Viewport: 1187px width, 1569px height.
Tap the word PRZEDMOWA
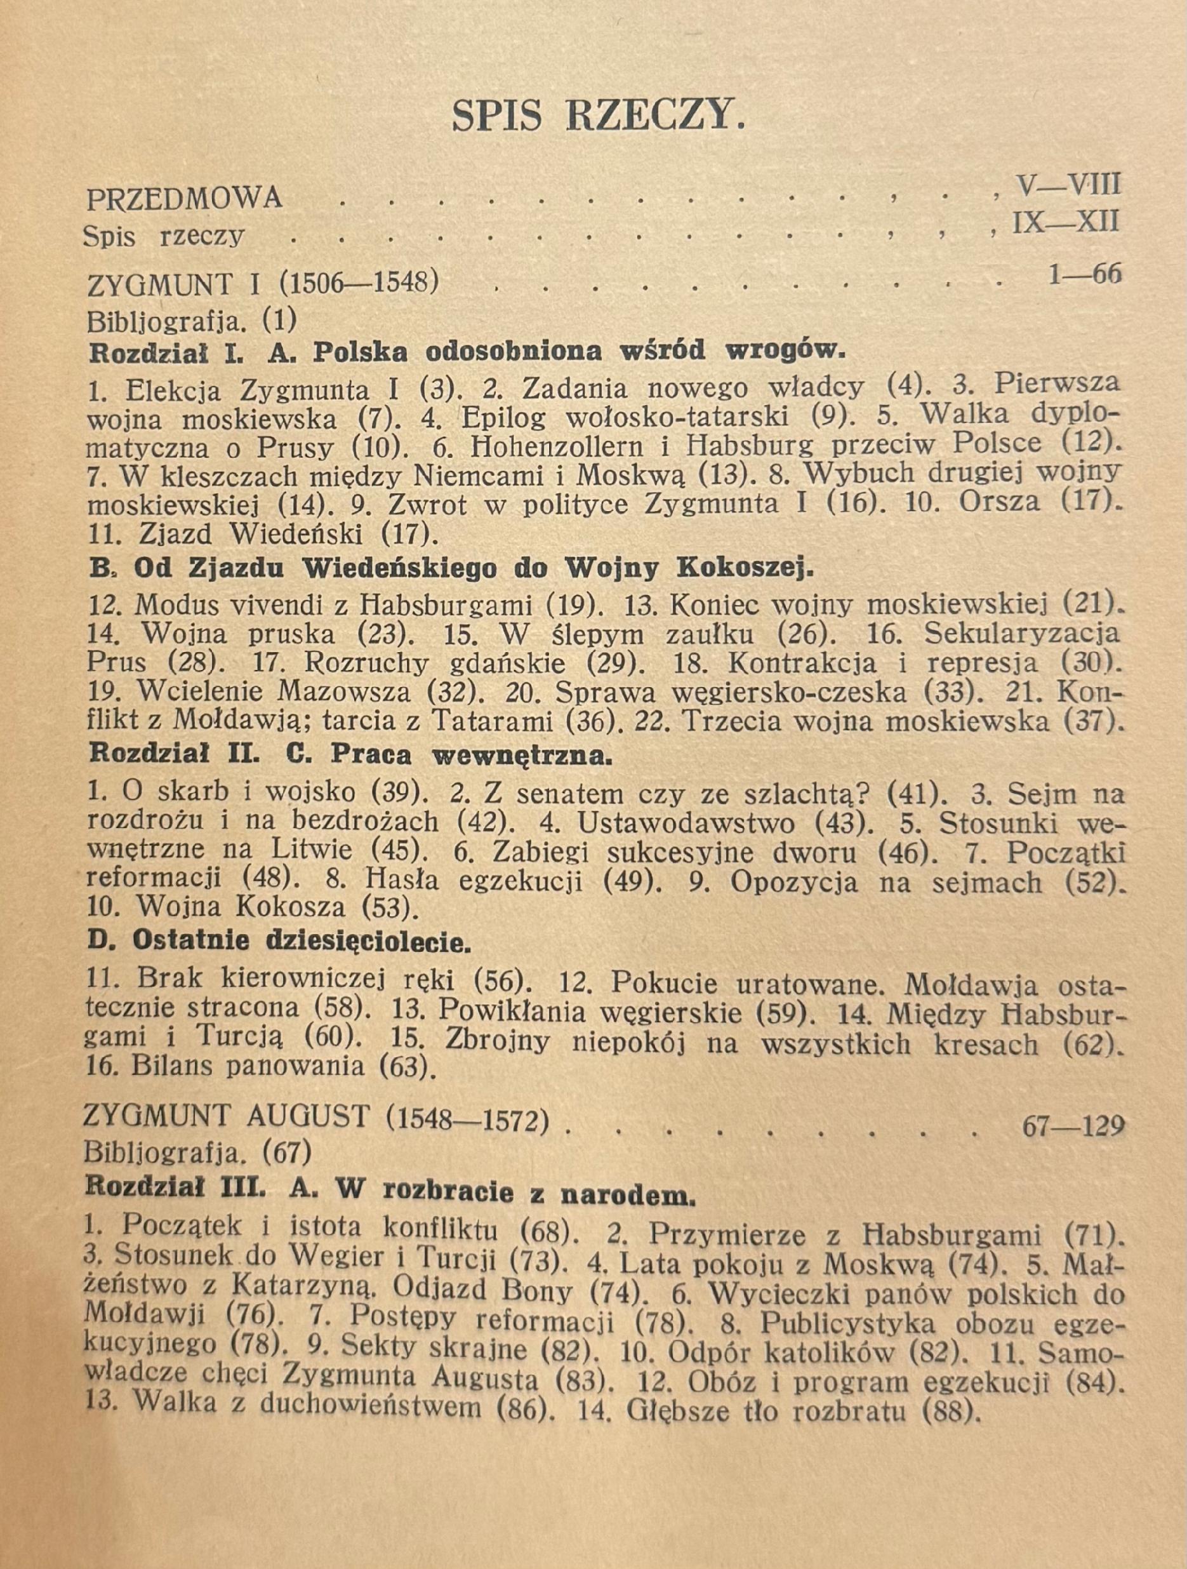[x=184, y=199]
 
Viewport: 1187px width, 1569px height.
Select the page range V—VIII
[x=1068, y=185]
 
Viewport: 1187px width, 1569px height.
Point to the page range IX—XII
[x=1066, y=223]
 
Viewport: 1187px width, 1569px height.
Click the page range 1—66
[x=1084, y=274]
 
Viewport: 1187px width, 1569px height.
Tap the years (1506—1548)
[x=359, y=283]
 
